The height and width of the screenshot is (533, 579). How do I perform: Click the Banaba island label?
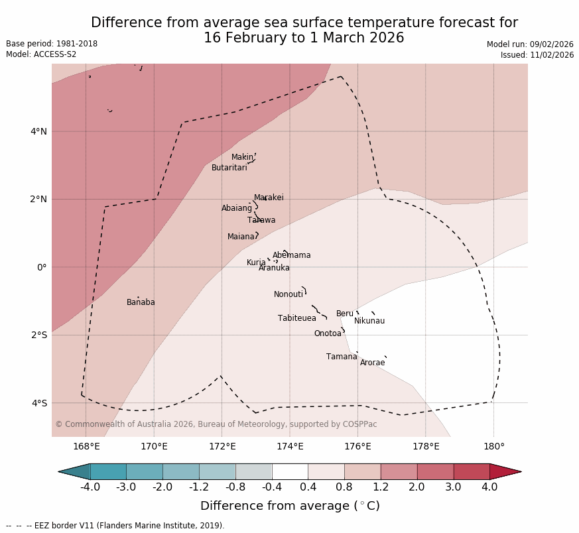tap(141, 302)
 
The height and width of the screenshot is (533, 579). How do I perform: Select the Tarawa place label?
tap(261, 220)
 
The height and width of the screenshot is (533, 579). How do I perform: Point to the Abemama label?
tap(291, 255)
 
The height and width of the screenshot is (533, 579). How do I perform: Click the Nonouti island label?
tap(288, 294)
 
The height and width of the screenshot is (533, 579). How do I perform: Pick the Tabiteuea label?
tap(296, 318)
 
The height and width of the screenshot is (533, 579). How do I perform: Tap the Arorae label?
tap(372, 363)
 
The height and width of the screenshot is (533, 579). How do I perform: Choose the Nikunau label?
tap(369, 321)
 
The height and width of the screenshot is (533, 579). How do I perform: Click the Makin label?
tap(242, 157)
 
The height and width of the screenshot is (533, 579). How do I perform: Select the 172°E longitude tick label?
tap(222, 446)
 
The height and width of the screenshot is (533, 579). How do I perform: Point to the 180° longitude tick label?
tap(493, 446)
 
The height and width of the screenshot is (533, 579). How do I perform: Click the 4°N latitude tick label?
tap(38, 131)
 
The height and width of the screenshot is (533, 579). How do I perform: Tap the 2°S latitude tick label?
tap(38, 335)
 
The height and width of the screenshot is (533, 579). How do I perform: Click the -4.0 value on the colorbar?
tap(90, 487)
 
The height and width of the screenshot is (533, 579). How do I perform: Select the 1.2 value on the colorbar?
tap(381, 487)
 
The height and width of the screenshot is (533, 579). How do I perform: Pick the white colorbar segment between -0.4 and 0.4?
tap(290, 471)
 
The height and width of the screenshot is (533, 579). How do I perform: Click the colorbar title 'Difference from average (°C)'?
tap(290, 506)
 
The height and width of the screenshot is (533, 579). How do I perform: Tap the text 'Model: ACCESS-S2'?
tap(41, 54)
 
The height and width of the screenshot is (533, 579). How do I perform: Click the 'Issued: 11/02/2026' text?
tap(537, 55)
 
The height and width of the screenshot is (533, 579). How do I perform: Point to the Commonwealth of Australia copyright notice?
tap(216, 424)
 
